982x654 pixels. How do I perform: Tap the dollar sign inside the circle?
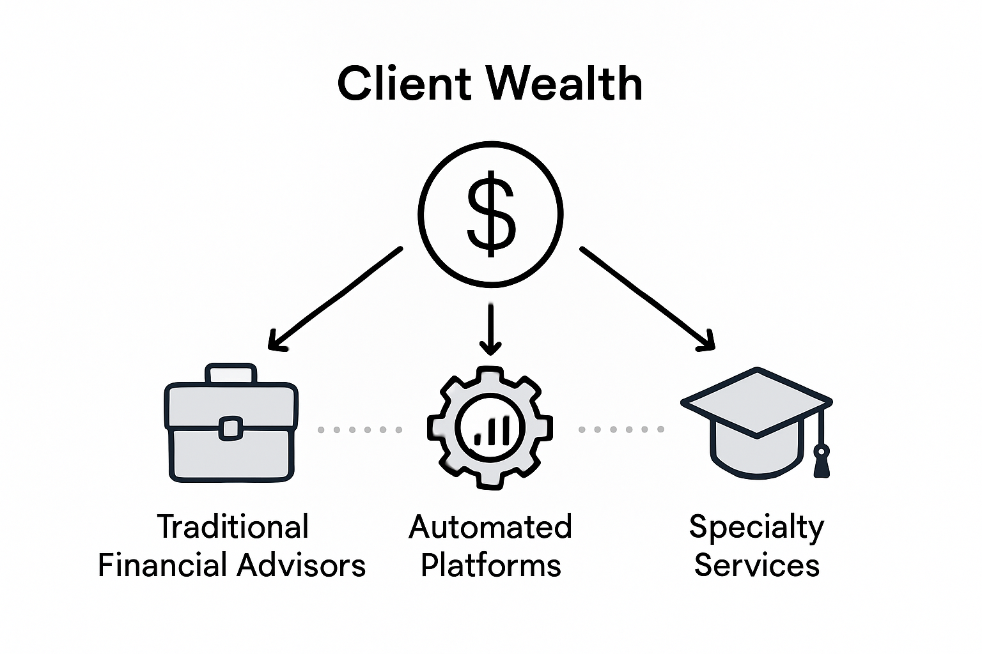tap(490, 213)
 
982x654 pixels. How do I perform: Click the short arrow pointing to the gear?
tap(490, 327)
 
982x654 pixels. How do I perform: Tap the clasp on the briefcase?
tap(231, 429)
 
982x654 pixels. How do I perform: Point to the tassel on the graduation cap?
tap(822, 461)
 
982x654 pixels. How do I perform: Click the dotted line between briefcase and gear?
tap(360, 430)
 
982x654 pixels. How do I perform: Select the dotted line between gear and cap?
tap(621, 429)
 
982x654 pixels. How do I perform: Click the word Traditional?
tap(233, 528)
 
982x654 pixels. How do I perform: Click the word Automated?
tap(490, 528)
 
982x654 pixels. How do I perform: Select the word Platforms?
tap(490, 566)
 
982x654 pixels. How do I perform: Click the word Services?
tap(756, 566)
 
